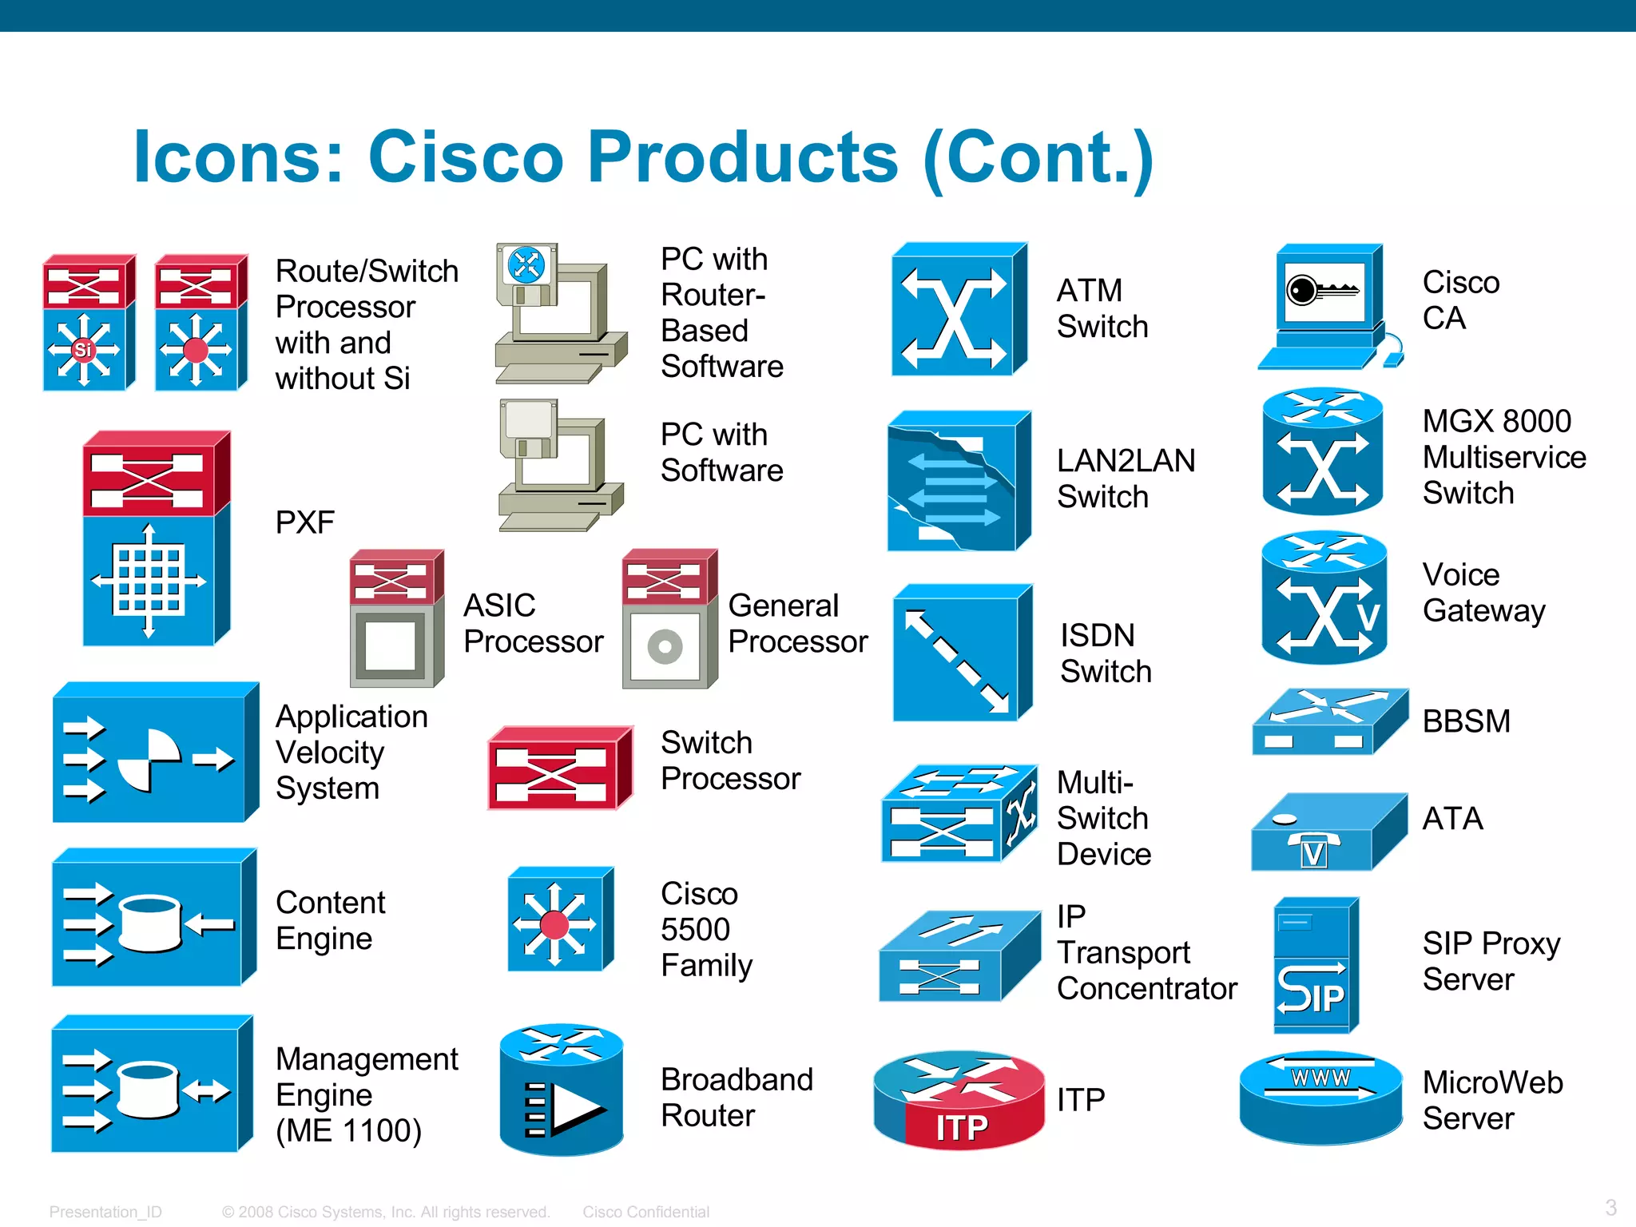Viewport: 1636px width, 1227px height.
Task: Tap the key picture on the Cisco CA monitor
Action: [x=1322, y=289]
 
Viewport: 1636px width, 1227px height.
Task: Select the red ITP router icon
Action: [x=959, y=1101]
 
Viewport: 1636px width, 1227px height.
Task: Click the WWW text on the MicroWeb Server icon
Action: [x=1320, y=1078]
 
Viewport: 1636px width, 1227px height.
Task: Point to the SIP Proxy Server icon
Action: [x=1314, y=967]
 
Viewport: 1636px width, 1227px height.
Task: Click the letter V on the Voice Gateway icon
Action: [x=1369, y=617]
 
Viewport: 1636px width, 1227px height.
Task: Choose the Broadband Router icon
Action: [x=561, y=1090]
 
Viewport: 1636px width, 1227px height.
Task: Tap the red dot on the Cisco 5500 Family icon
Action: [x=554, y=925]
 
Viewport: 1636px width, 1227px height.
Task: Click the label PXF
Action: [x=304, y=522]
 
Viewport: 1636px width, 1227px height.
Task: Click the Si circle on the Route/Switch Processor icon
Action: [x=83, y=350]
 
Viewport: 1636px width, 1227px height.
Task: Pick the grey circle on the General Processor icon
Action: [x=665, y=646]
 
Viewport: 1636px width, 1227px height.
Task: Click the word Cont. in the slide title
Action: [x=1038, y=157]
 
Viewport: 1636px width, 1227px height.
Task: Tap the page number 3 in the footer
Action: [x=1610, y=1207]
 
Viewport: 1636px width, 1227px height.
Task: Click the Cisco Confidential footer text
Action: [x=645, y=1212]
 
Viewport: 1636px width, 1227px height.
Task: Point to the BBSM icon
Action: [x=1328, y=721]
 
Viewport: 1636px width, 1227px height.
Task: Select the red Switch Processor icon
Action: [x=559, y=769]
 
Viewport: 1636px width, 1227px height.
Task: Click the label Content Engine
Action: [x=330, y=920]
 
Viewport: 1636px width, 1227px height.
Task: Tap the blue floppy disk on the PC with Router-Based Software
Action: [x=526, y=266]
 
